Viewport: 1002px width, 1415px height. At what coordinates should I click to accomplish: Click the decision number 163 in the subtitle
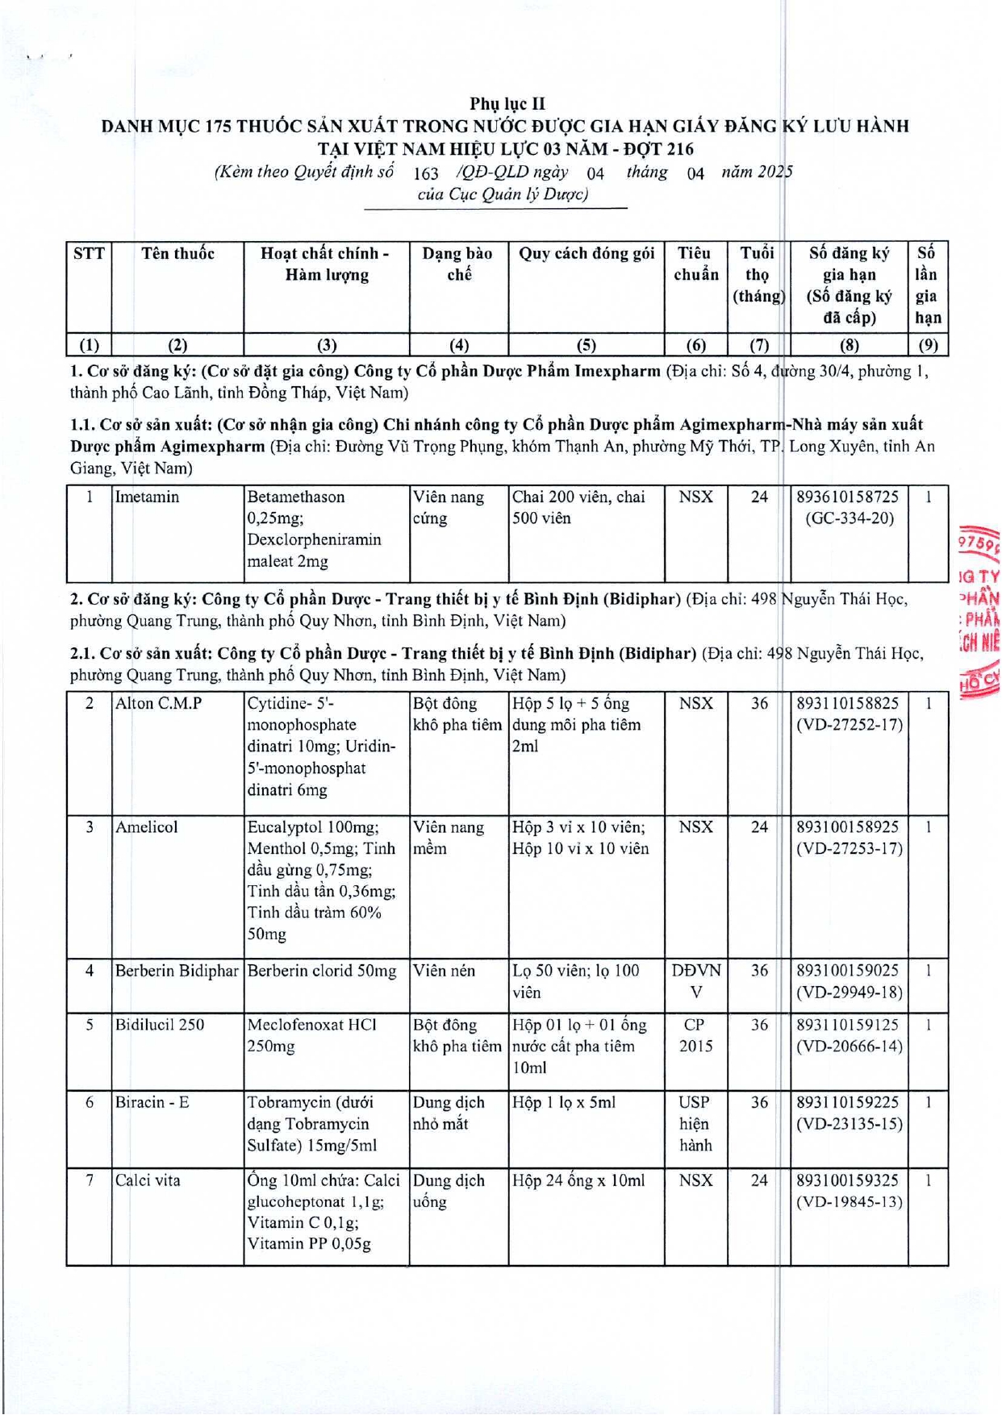click(425, 173)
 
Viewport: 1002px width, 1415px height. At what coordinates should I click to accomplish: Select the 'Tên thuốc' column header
click(177, 254)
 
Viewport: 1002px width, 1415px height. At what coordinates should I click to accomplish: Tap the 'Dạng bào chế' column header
click(457, 264)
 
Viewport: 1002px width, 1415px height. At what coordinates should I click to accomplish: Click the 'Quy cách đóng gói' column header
click(586, 254)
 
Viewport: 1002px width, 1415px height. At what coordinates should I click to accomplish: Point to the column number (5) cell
click(586, 345)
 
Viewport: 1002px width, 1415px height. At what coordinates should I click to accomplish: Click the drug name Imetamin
click(147, 497)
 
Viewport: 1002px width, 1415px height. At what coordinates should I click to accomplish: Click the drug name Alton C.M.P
click(158, 704)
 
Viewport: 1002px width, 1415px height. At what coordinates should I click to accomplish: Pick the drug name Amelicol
click(146, 827)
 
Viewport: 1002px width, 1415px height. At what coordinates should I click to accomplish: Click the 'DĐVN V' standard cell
click(695, 981)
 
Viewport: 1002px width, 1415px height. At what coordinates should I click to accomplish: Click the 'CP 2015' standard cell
click(695, 1035)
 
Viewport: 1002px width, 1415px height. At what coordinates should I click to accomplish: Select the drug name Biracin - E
click(152, 1103)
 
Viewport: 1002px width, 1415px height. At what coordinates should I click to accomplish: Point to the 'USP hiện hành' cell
click(695, 1124)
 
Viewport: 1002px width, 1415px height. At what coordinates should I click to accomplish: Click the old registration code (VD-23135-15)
click(849, 1124)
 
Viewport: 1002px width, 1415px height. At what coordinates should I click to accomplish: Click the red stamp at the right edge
click(979, 613)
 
